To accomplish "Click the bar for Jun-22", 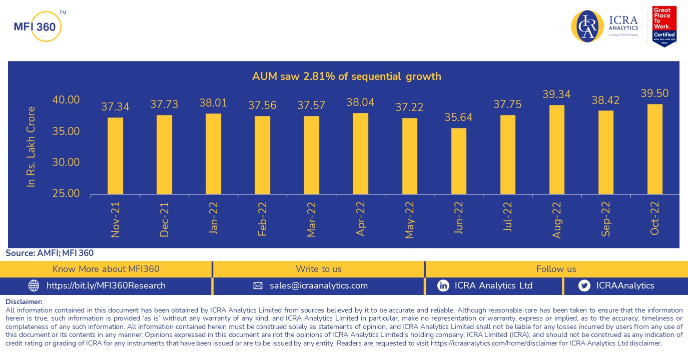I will [x=459, y=161].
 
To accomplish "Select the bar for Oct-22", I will [x=654, y=149].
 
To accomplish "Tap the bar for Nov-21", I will [x=115, y=155].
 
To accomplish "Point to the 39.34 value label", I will [x=556, y=94].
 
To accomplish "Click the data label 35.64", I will [x=458, y=117].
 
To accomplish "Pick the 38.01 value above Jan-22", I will [x=213, y=103].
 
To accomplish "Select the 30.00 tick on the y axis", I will [x=66, y=162].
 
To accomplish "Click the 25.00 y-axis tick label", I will [x=66, y=193].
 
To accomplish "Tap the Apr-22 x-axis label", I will [x=360, y=219].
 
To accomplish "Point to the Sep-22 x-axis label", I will [x=605, y=219].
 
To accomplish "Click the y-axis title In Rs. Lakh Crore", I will [x=32, y=147].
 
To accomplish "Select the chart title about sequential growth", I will [x=346, y=76].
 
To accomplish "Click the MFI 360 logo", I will [x=38, y=26].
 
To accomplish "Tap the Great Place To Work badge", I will [x=664, y=26].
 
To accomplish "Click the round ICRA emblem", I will [x=587, y=26].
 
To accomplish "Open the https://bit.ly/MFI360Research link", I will [x=106, y=285].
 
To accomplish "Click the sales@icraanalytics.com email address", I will [x=318, y=285].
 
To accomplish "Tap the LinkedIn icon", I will [x=443, y=285].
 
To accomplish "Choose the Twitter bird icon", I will [x=583, y=285].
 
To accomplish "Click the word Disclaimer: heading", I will [x=24, y=301].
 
